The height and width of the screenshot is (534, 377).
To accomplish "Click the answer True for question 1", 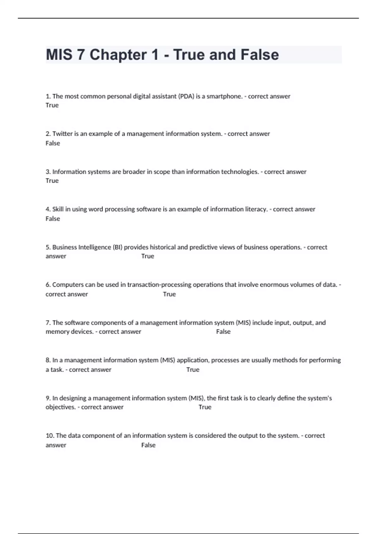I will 52,105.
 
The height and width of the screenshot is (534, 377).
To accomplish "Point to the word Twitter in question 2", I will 62,134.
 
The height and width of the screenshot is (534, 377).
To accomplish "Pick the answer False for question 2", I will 52,143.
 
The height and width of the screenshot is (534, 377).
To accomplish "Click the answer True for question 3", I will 52,181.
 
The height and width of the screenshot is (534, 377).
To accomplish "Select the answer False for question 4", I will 52,219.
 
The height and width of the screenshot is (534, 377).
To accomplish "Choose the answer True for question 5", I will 148,256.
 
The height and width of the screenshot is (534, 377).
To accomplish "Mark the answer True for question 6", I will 169,294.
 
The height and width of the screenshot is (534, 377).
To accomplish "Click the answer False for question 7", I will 223,331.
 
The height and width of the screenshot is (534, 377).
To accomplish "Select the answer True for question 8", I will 193,369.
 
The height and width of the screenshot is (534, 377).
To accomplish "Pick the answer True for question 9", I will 205,407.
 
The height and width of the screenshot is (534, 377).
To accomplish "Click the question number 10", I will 50,436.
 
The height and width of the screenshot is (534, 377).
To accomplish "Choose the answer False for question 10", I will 148,445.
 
